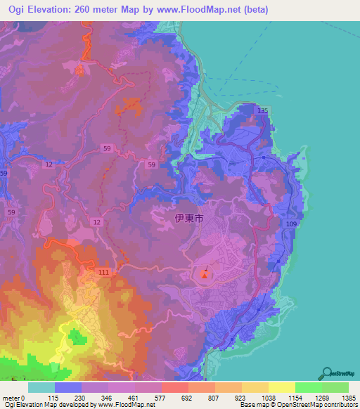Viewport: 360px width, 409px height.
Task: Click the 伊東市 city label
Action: click(188, 219)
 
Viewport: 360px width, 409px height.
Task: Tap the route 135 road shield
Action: click(262, 111)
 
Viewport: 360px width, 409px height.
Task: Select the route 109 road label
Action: click(292, 224)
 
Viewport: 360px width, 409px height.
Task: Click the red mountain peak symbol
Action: click(205, 274)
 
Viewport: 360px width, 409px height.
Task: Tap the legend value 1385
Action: click(349, 398)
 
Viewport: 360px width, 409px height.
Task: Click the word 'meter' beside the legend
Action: click(12, 398)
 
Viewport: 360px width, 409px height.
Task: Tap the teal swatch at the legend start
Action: click(41, 387)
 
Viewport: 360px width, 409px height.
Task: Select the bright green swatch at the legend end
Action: click(335, 387)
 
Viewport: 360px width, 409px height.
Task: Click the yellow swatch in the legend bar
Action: click(282, 387)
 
